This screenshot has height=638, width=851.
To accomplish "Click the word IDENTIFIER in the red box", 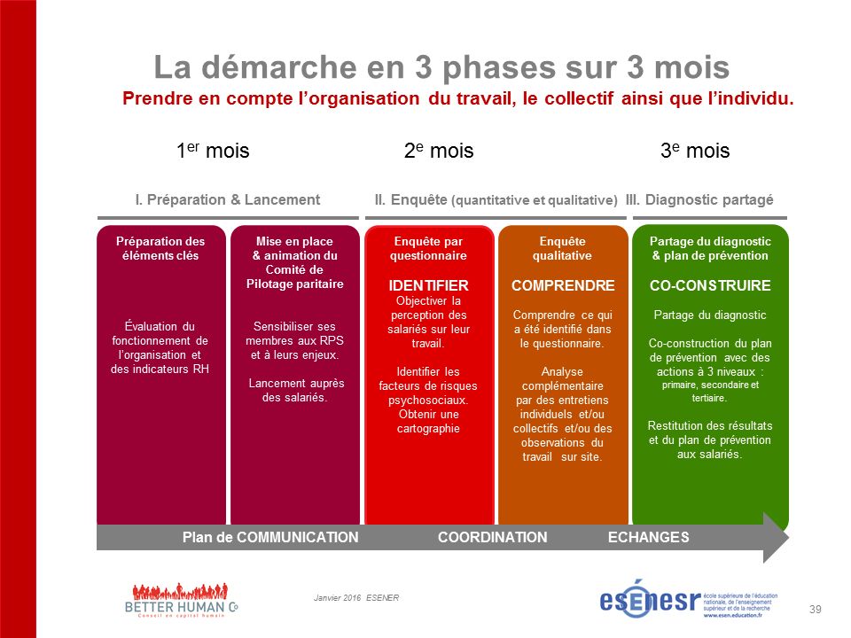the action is [428, 285].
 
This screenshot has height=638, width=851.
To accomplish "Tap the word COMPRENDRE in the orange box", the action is [563, 285].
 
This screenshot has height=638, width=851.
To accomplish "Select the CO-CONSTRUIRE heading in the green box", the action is [710, 285].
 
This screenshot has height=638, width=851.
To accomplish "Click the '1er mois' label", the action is [213, 150].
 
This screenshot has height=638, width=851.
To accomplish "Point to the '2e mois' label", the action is [439, 150].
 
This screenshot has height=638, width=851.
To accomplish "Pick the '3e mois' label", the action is [695, 150].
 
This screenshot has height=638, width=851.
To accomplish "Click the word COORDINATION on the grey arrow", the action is [493, 537].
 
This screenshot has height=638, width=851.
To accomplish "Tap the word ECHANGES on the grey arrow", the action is [649, 537].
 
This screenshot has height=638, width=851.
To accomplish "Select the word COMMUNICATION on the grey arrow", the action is [298, 537].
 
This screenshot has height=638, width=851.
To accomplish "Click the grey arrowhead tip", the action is [789, 538].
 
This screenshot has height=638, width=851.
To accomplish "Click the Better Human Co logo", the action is [181, 601].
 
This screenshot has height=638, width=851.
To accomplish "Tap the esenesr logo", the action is [689, 599].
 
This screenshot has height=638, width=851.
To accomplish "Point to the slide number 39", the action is [816, 610].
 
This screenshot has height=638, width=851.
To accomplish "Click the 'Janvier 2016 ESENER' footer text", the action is [356, 598].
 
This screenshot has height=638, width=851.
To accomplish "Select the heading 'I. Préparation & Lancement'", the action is [228, 199].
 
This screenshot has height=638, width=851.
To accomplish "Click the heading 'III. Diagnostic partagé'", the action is [699, 199].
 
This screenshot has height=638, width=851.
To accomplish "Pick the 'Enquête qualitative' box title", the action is [562, 248].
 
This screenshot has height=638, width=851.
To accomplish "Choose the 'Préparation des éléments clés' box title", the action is [160, 248].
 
